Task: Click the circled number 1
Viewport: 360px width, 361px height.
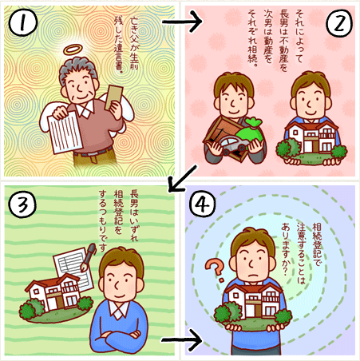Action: pyautogui.click(x=22, y=22)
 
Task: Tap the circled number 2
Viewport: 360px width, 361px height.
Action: pyautogui.click(x=339, y=22)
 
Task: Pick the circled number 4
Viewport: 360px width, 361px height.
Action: pyautogui.click(x=203, y=204)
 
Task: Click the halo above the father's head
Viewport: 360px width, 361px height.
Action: pyautogui.click(x=73, y=50)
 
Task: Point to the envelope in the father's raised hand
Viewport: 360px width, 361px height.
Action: pyautogui.click(x=114, y=97)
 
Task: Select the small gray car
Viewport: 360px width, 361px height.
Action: pyautogui.click(x=235, y=145)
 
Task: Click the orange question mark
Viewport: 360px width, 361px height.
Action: pyautogui.click(x=216, y=270)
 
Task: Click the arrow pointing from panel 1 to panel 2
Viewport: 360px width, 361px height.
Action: pyautogui.click(x=182, y=22)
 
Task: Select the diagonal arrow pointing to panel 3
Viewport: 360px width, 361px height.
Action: pyautogui.click(x=183, y=178)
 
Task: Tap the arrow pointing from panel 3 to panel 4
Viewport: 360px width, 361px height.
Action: pyautogui.click(x=182, y=340)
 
